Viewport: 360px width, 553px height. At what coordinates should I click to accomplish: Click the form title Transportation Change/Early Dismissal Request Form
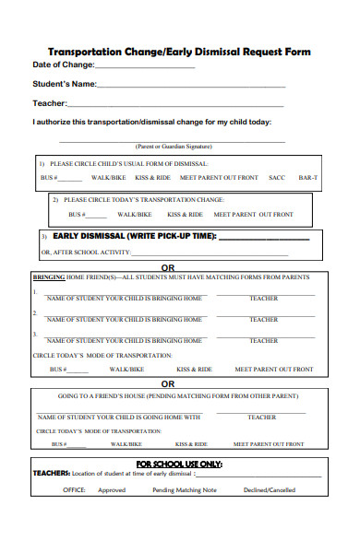(179, 52)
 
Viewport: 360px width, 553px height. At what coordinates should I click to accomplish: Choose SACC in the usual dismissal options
(277, 177)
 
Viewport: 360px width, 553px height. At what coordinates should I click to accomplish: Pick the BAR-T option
(308, 177)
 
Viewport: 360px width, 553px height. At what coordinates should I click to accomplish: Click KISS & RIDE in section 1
(152, 177)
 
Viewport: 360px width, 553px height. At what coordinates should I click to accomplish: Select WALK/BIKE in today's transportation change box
(134, 215)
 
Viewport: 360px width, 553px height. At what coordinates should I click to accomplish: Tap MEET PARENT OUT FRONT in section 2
(253, 215)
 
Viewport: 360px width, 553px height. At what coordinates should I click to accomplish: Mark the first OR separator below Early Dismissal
(168, 267)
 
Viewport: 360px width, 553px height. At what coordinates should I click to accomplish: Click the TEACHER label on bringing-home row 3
(263, 341)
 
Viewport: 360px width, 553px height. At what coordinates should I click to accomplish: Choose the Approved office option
(112, 490)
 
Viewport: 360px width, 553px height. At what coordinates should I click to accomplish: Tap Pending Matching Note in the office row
(185, 490)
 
